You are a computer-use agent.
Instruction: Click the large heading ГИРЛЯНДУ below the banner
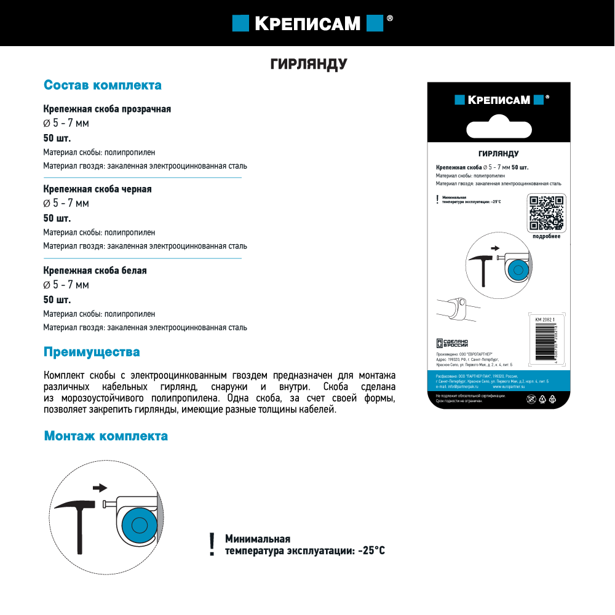coord(309,65)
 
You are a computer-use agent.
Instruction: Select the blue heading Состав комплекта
coord(103,85)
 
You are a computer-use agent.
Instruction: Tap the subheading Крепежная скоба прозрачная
coord(107,109)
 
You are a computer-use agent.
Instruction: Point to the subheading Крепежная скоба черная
coord(97,189)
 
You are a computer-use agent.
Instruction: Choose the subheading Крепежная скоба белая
coord(95,271)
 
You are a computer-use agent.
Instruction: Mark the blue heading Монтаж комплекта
coord(106,436)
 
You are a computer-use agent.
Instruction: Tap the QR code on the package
coord(546,212)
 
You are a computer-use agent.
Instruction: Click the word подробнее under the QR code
coord(546,237)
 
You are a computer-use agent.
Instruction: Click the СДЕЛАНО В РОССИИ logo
coord(453,343)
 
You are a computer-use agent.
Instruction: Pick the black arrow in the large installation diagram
coord(99,488)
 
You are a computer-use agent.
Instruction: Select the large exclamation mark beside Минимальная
coord(212,544)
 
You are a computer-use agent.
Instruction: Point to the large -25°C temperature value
coord(371,550)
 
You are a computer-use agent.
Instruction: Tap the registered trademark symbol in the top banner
coord(389,19)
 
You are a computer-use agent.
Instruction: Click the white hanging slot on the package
coord(499,130)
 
